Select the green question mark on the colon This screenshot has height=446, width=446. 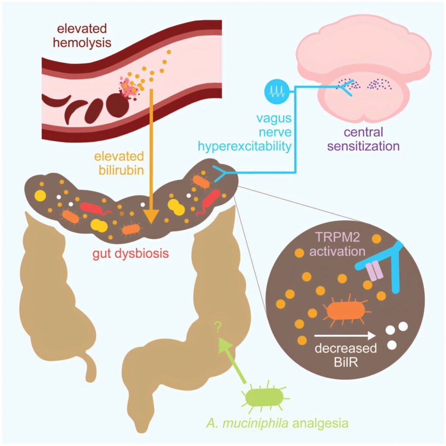tap(218, 326)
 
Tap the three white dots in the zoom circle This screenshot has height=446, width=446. tap(397, 334)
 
